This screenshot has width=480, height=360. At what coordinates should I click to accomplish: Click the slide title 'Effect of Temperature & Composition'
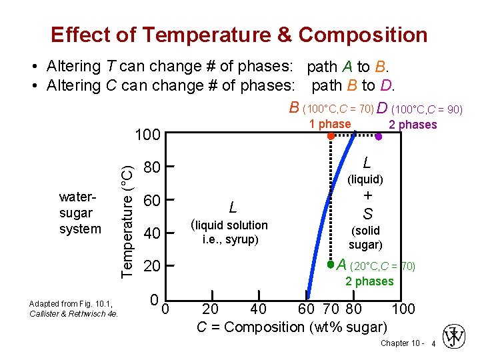239,35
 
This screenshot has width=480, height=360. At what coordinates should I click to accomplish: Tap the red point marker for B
331,136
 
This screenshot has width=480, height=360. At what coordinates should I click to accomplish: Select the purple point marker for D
378,137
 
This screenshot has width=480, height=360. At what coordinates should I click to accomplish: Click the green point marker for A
330,265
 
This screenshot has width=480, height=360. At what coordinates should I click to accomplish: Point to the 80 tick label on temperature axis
153,167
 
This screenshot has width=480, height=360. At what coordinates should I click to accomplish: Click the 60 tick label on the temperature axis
153,200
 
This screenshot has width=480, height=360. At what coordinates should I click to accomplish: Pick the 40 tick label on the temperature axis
153,233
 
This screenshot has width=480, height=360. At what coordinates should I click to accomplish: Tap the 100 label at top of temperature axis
147,135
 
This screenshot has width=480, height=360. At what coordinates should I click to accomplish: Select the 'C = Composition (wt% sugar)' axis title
291,327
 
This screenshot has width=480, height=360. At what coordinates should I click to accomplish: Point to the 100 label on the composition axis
403,309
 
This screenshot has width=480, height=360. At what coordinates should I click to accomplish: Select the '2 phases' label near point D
413,125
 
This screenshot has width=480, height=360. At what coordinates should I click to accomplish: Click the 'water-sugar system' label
80,213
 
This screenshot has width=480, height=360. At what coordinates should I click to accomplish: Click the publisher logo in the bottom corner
456,337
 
